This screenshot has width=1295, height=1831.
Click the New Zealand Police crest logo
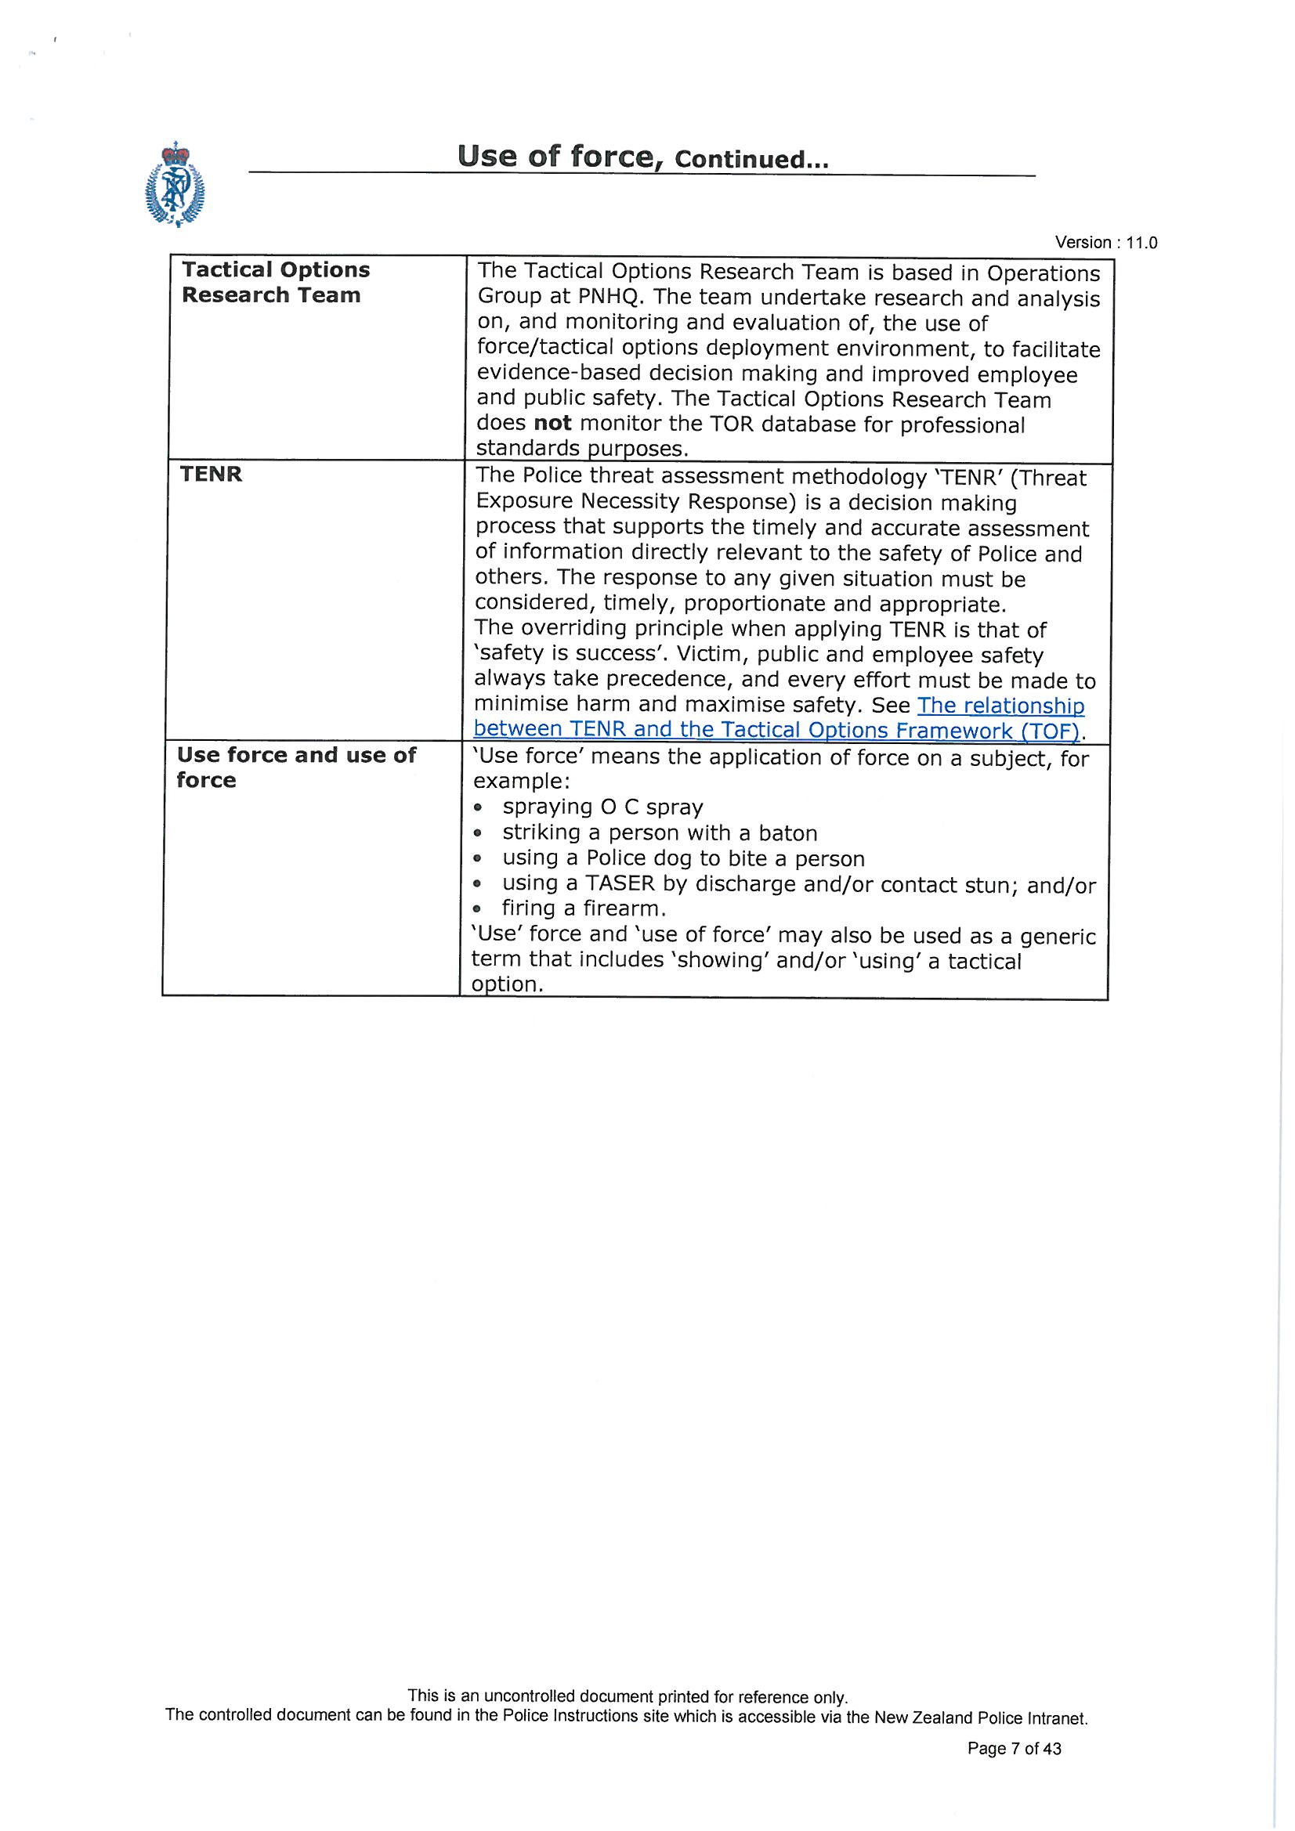pyautogui.click(x=175, y=185)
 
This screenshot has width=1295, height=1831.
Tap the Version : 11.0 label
pyautogui.click(x=1105, y=243)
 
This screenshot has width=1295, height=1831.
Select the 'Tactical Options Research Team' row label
pyautogui.click(x=275, y=282)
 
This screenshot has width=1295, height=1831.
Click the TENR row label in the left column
pyautogui.click(x=211, y=475)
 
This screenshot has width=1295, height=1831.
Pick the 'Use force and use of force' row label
pyautogui.click(x=296, y=767)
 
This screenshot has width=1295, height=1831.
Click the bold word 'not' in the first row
pyautogui.click(x=552, y=424)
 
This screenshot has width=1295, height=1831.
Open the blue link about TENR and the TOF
pyautogui.click(x=778, y=718)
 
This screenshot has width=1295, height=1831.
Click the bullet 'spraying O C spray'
pyautogui.click(x=602, y=807)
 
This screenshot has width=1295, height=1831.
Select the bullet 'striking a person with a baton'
pyautogui.click(x=659, y=832)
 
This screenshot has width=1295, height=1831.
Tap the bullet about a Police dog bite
pyautogui.click(x=683, y=858)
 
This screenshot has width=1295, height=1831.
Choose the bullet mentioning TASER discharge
pyautogui.click(x=798, y=883)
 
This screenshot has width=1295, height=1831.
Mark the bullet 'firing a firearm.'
pyautogui.click(x=584, y=908)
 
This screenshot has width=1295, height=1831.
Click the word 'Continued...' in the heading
pyautogui.click(x=751, y=160)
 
